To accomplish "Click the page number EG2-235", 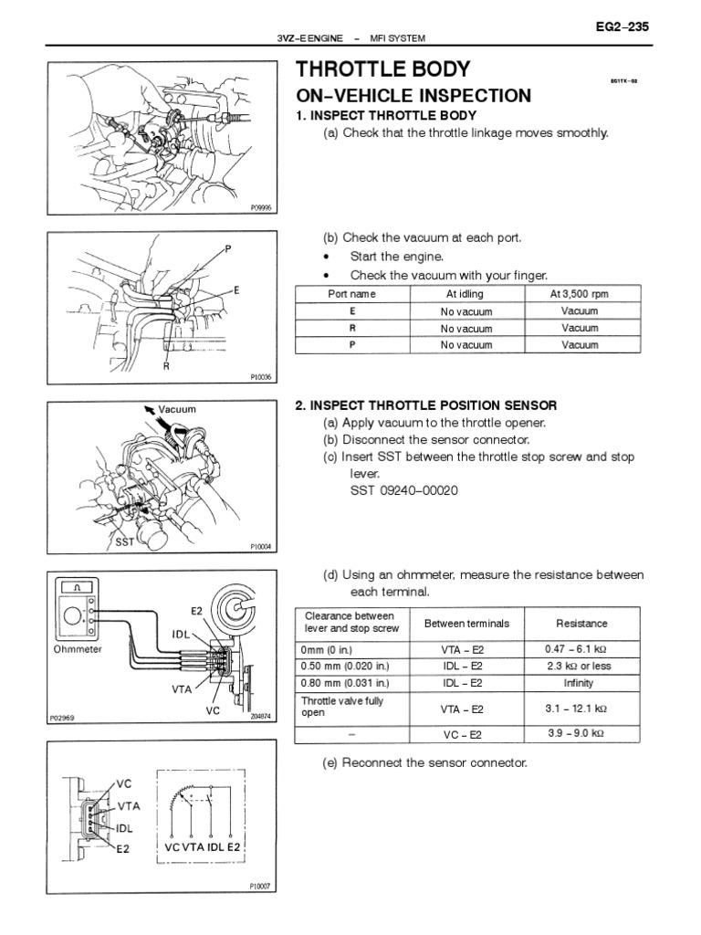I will point(621,27).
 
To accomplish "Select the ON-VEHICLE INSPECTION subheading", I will point(413,96).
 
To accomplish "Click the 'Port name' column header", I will point(351,294).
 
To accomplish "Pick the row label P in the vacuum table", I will point(351,345).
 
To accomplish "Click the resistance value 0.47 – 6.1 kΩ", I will point(581,649).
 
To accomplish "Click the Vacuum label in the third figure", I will point(177,410).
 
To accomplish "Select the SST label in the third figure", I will point(124,541).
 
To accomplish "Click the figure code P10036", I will point(261,376).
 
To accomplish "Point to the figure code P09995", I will point(261,208).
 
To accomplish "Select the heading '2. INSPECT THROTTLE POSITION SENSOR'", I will point(425,405).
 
